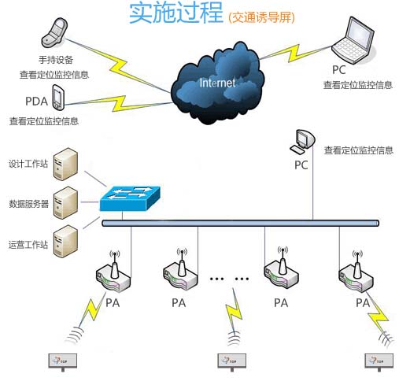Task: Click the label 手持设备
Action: [x=57, y=60]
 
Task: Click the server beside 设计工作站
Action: [x=67, y=165]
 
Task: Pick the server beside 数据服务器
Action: [x=67, y=202]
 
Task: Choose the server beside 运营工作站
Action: [x=67, y=240]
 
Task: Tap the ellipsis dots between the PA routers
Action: [x=230, y=279]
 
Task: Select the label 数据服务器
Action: [x=29, y=203]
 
